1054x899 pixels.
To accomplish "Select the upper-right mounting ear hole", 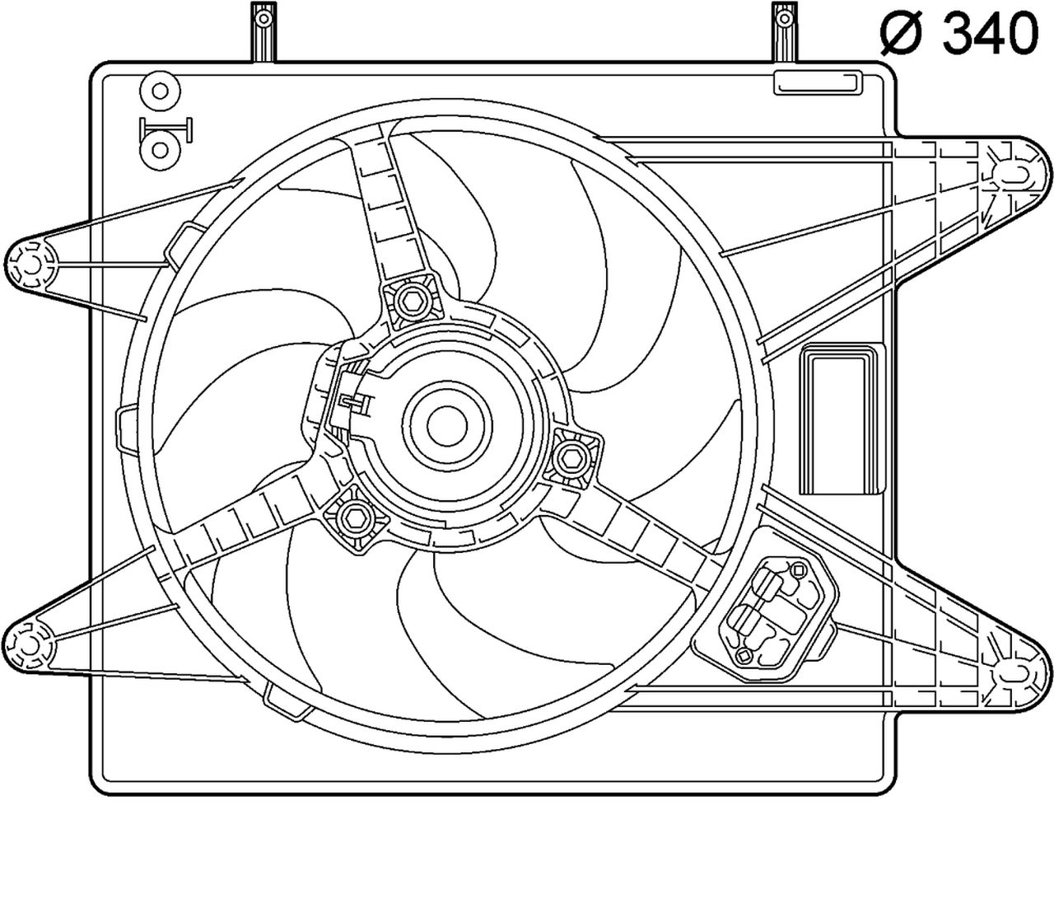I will [x=1014, y=172].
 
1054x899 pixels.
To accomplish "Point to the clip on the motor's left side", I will [x=355, y=401].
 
